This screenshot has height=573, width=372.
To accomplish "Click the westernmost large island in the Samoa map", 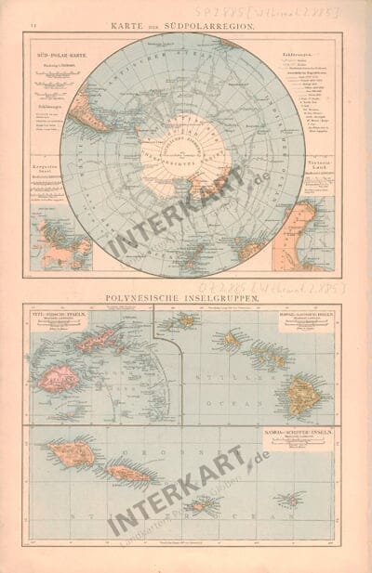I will click(x=71, y=454).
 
